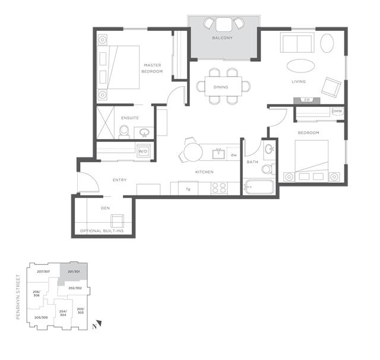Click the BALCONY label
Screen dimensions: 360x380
coord(222,39)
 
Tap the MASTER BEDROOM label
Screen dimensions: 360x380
coord(151,68)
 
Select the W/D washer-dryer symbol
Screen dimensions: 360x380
coord(143,151)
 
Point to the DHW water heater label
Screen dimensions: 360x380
coord(337,112)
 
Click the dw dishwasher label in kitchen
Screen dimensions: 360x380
coord(234,155)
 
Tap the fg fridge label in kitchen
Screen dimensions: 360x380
coord(188,189)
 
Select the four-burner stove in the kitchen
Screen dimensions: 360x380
coord(219,188)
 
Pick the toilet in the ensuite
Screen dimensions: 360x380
coord(124,133)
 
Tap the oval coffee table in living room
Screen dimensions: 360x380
coord(302,65)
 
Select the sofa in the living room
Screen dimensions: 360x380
coord(296,43)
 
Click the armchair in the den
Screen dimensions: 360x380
coord(119,222)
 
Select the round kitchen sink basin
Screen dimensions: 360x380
coord(218,153)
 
